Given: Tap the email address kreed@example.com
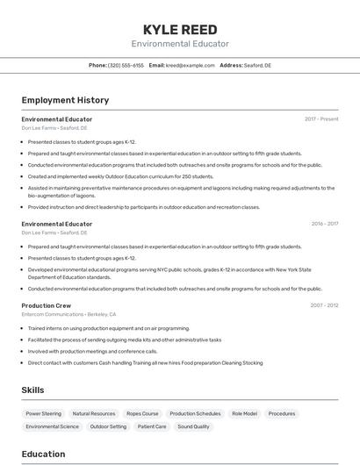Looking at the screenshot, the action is tap(191, 65).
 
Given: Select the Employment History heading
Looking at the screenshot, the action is tap(65, 100).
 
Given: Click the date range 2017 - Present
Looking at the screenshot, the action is tap(321, 118).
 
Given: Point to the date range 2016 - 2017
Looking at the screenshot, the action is tap(324, 224).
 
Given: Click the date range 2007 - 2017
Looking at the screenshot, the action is tap(324, 305).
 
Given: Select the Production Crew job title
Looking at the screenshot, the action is tap(46, 305).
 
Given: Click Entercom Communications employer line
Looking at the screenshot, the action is tap(68, 314).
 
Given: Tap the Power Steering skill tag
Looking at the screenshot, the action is tap(44, 413).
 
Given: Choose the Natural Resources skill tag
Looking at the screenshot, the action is tap(94, 413).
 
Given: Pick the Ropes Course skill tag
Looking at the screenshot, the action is tap(142, 413).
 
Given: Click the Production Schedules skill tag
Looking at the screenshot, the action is tap(195, 413).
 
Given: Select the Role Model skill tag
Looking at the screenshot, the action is tap(244, 413).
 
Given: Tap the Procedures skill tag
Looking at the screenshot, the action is tap(282, 413).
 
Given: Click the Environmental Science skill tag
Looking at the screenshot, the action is tap(52, 426).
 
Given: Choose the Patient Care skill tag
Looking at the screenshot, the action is tap(152, 426).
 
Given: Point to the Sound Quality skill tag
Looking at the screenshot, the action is tap(193, 426).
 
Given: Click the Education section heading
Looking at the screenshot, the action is tap(43, 454).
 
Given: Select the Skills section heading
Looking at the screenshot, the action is tap(32, 390).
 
